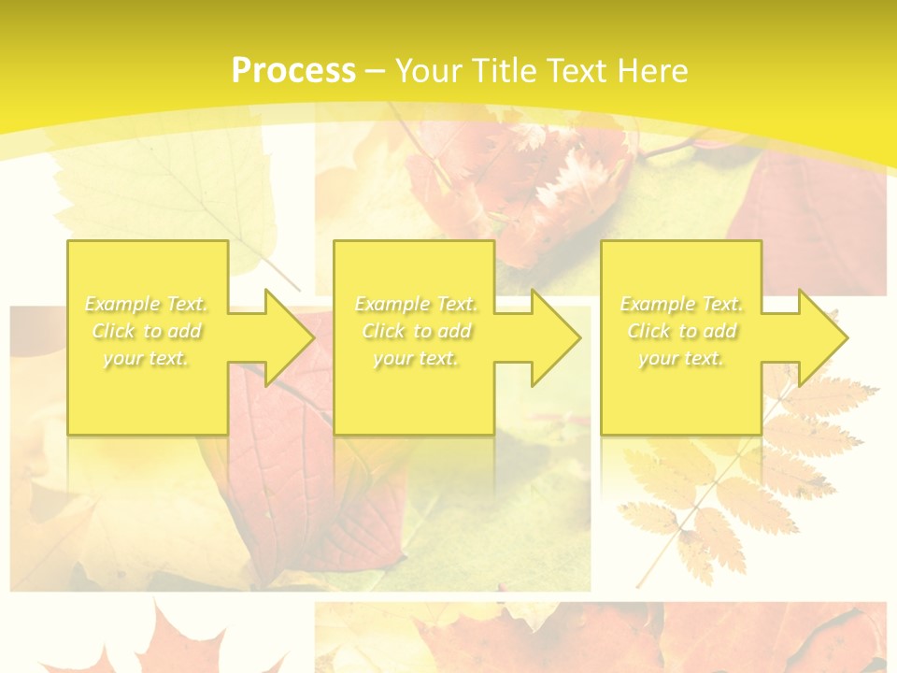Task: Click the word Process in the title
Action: point(293,71)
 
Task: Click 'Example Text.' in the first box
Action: point(147,304)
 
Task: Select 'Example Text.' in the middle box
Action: point(416,304)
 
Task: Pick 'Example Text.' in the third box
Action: point(682,304)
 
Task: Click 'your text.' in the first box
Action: point(147,358)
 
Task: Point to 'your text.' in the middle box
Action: point(416,358)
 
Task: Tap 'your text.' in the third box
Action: point(682,358)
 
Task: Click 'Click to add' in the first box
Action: point(147,331)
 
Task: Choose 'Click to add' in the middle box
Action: point(416,331)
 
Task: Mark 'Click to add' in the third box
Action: point(682,331)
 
